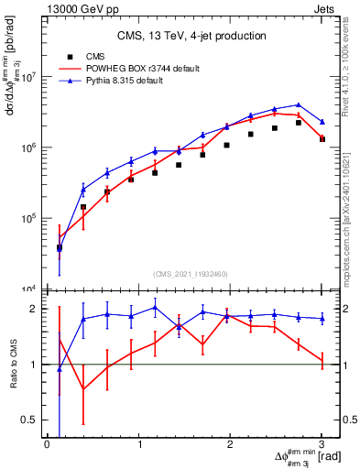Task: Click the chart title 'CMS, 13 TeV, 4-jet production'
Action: pos(191,36)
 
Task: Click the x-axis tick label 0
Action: pos(47,444)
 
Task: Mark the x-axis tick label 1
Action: pos(139,444)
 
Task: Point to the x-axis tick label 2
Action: pos(231,444)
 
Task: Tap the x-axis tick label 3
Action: pos(322,444)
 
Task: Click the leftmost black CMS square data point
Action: pos(60,247)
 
